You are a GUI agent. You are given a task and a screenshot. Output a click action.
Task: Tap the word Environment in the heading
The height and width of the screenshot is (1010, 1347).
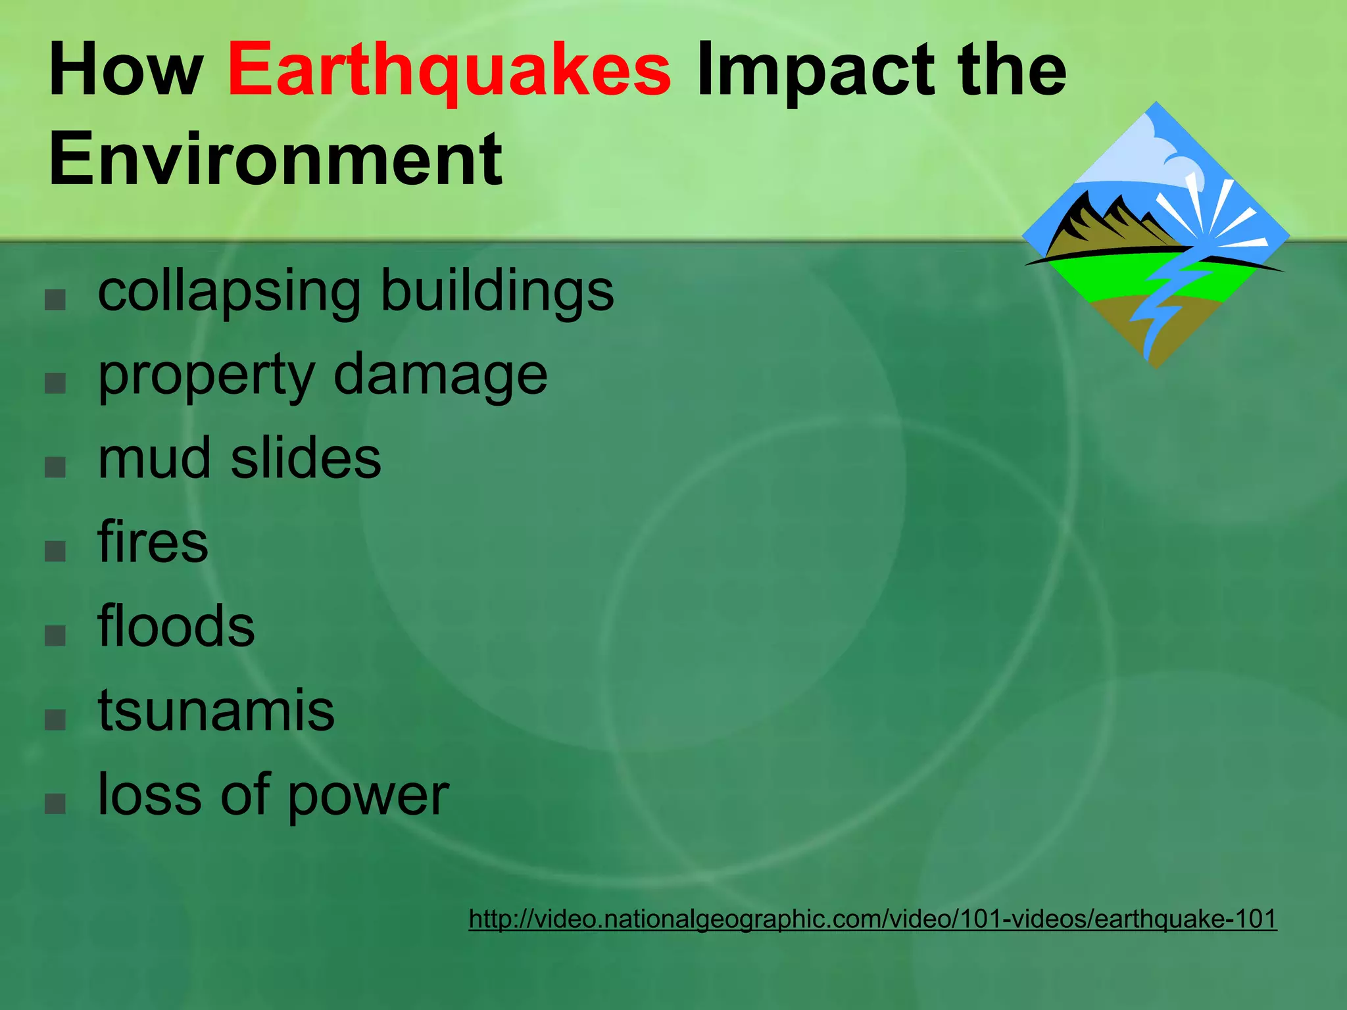pyautogui.click(x=276, y=159)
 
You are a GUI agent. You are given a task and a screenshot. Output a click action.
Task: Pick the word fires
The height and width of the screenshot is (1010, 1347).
pyautogui.click(x=153, y=542)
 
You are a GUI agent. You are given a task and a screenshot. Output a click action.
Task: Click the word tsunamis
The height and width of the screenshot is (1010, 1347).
pyautogui.click(x=216, y=709)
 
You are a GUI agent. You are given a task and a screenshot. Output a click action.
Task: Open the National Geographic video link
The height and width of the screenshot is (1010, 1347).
pyautogui.click(x=872, y=919)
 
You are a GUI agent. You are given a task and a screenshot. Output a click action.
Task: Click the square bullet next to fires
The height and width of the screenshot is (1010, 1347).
pyautogui.click(x=55, y=551)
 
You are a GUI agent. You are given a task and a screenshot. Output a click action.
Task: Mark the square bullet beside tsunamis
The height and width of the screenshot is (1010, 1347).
pyautogui.click(x=55, y=719)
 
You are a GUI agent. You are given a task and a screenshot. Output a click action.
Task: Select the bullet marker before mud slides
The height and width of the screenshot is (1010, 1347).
pyautogui.click(x=55, y=467)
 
